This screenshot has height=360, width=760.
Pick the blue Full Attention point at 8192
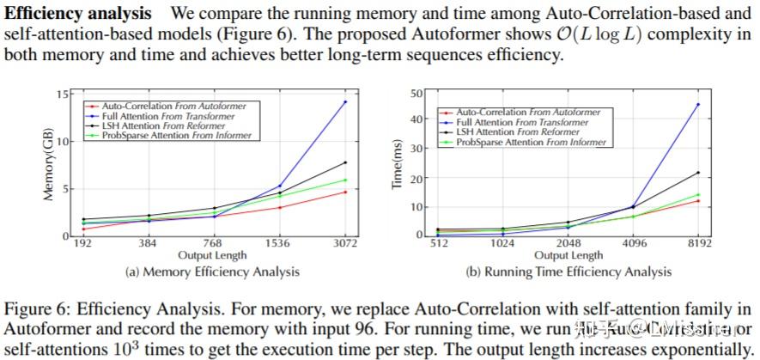(697, 104)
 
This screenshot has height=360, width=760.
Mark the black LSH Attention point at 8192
(697, 173)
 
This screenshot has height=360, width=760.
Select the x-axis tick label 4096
(633, 243)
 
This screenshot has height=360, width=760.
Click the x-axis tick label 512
(440, 243)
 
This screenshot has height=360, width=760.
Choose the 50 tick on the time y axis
(418, 93)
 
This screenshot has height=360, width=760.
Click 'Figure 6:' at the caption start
(35, 308)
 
